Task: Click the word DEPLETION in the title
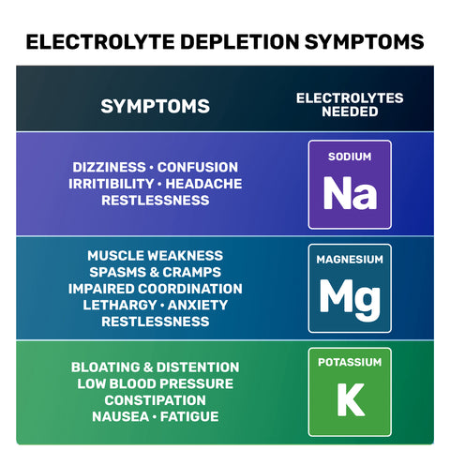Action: [x=240, y=42]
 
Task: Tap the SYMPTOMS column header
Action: [x=155, y=106]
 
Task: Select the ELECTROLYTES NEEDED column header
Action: [x=350, y=105]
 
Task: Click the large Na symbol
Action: [x=350, y=193]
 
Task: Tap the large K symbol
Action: [x=351, y=399]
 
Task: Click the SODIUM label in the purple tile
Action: [x=350, y=157]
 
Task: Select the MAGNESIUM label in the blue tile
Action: [x=350, y=260]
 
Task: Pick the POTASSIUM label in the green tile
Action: [x=350, y=362]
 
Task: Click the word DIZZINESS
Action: [x=109, y=167]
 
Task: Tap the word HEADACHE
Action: [x=203, y=184]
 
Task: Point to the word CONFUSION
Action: [x=198, y=167]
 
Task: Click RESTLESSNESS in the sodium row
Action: [x=156, y=201]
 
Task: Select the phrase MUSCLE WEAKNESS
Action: [x=156, y=256]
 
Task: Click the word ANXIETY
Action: [x=198, y=305]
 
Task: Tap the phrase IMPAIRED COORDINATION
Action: [x=156, y=289]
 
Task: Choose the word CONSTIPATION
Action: [x=156, y=400]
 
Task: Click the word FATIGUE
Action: [x=189, y=417]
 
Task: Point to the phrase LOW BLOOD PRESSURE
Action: [x=156, y=383]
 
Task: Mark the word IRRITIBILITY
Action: [x=112, y=184]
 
